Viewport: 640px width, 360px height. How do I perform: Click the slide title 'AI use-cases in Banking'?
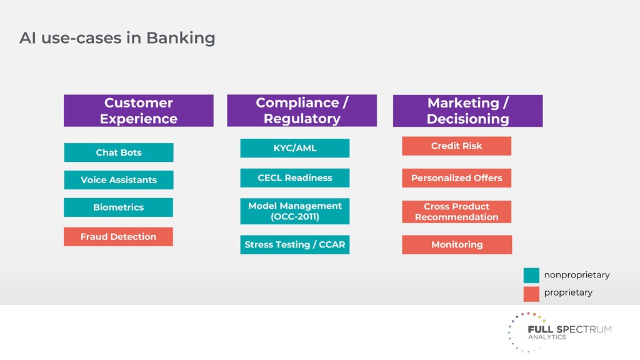117,38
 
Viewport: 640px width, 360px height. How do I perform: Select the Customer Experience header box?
138,111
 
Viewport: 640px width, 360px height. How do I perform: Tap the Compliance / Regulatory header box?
301,111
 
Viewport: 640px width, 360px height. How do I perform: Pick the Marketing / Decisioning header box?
467,111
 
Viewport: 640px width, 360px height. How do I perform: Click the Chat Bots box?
119,152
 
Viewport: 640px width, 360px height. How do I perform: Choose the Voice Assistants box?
119,180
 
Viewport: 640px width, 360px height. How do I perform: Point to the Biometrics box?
119,207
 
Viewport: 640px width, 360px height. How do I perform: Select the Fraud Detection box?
118,237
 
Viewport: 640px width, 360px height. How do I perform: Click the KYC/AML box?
295,148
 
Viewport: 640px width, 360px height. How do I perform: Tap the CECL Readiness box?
295,178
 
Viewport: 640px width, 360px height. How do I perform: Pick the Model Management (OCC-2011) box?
295,211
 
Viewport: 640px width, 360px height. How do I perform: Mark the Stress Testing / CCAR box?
295,245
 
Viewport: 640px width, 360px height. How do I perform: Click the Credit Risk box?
456,146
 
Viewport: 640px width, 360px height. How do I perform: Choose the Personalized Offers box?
456,178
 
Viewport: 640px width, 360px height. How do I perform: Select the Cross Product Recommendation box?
456,212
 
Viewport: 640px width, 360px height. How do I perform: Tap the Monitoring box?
456,245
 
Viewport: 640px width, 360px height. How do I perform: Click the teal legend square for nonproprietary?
531,275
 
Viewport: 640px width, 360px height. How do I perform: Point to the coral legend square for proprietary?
531,294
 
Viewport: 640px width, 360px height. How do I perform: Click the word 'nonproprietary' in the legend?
576,275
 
